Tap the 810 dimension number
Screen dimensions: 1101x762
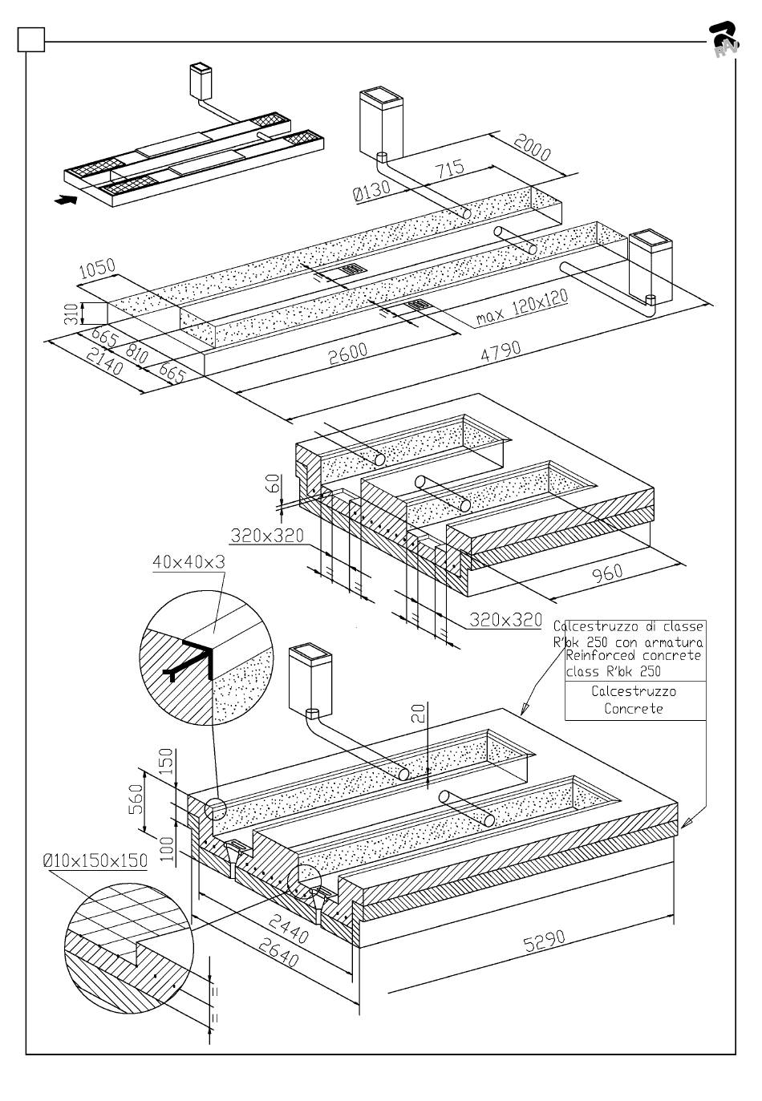coord(136,354)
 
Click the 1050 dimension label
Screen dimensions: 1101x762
coord(98,269)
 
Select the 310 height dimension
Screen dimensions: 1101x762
coord(70,313)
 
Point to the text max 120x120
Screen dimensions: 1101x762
coord(521,307)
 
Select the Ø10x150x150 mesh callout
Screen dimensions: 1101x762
coord(95,860)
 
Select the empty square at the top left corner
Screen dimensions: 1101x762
coord(30,39)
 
